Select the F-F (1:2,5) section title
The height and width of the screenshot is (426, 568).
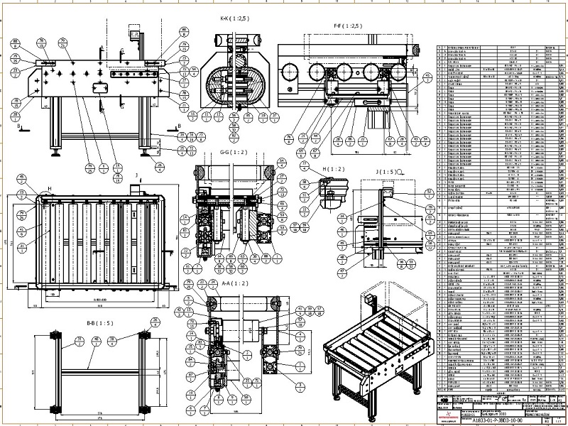point(348,25)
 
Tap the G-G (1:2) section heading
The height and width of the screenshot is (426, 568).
point(234,153)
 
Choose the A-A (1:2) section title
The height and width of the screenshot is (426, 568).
point(235,282)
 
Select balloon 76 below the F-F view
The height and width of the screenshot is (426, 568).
point(289,138)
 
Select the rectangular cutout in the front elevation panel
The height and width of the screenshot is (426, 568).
point(99,87)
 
